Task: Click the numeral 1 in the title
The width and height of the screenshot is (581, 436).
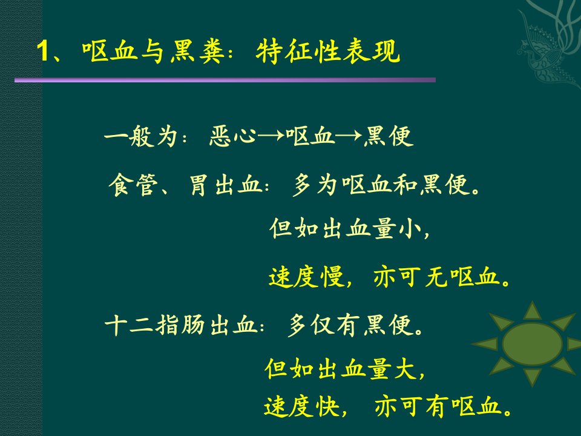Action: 43,51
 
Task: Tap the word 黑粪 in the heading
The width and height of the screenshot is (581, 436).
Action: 197,51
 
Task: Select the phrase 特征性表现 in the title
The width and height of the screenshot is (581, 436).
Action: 328,51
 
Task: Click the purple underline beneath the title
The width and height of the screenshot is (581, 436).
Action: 225,80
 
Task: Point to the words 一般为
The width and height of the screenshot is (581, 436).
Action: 140,136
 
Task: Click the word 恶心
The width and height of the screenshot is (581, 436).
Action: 232,136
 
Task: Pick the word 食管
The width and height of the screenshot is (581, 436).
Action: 131,185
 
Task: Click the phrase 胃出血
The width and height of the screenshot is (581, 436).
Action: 226,185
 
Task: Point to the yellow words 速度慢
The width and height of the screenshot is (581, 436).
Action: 306,277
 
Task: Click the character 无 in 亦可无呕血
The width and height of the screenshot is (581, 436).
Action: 436,277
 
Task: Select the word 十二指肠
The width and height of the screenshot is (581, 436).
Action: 154,325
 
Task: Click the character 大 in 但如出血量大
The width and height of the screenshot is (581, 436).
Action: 405,369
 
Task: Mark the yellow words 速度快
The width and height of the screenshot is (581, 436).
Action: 301,407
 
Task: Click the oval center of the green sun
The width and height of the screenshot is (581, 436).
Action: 532,344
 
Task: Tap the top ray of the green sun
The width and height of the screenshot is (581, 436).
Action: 533,311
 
